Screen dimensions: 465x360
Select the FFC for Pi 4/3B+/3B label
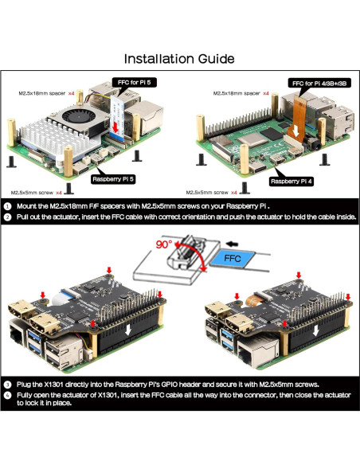319,83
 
